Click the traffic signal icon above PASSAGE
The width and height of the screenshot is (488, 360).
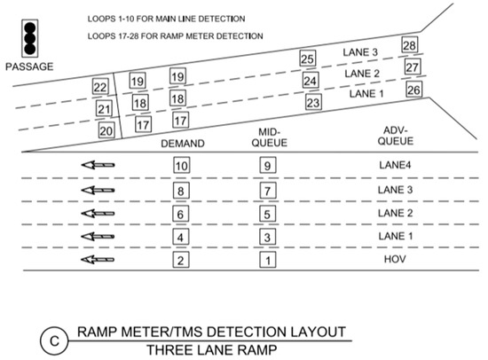[x=29, y=36]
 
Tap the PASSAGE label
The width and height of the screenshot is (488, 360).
[x=29, y=67]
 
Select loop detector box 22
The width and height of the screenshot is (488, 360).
[x=101, y=87]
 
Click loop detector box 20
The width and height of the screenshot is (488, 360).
[x=106, y=130]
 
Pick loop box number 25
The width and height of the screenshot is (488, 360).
[x=308, y=59]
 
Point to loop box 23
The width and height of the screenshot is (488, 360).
[x=312, y=102]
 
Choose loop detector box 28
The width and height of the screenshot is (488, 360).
[x=410, y=45]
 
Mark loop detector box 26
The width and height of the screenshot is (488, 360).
[x=413, y=90]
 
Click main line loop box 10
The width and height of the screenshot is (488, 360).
[x=181, y=165]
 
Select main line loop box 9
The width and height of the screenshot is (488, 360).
[x=267, y=165]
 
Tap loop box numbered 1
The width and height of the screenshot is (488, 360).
[x=267, y=260]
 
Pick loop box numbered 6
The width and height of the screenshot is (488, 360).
[x=181, y=214]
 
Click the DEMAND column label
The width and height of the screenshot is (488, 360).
[x=183, y=144]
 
